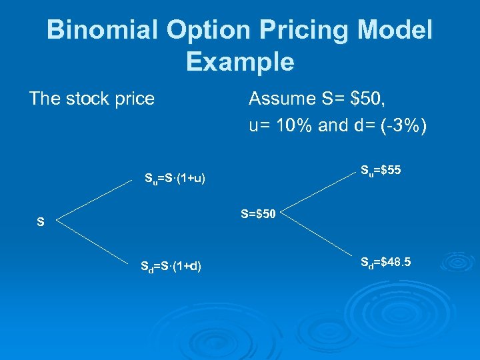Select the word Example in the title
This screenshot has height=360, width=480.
point(240,61)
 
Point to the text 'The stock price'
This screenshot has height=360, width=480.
point(91,99)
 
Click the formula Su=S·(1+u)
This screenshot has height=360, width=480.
point(175,179)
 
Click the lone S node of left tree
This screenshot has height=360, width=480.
point(41,223)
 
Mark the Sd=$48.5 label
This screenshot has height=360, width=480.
point(385,262)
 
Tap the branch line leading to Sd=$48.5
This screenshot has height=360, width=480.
point(320,237)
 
